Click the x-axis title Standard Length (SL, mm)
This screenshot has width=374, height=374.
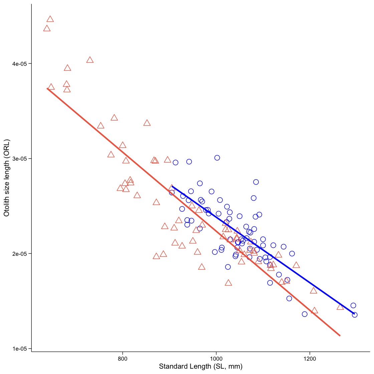coord(201,367)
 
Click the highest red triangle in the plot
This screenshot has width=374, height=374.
coord(50,19)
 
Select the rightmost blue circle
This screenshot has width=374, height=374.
coord(355,315)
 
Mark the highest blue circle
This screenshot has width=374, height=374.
coord(217,158)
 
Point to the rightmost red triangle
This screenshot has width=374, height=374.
coord(340,307)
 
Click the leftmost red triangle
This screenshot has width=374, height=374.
coord(47,28)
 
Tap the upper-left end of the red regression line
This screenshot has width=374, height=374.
coord(47,88)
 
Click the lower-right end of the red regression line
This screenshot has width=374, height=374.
coord(340,336)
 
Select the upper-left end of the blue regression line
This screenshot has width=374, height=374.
coord(172,186)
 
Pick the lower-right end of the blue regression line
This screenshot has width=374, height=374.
coord(354,314)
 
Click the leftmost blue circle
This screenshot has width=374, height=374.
coord(172,192)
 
